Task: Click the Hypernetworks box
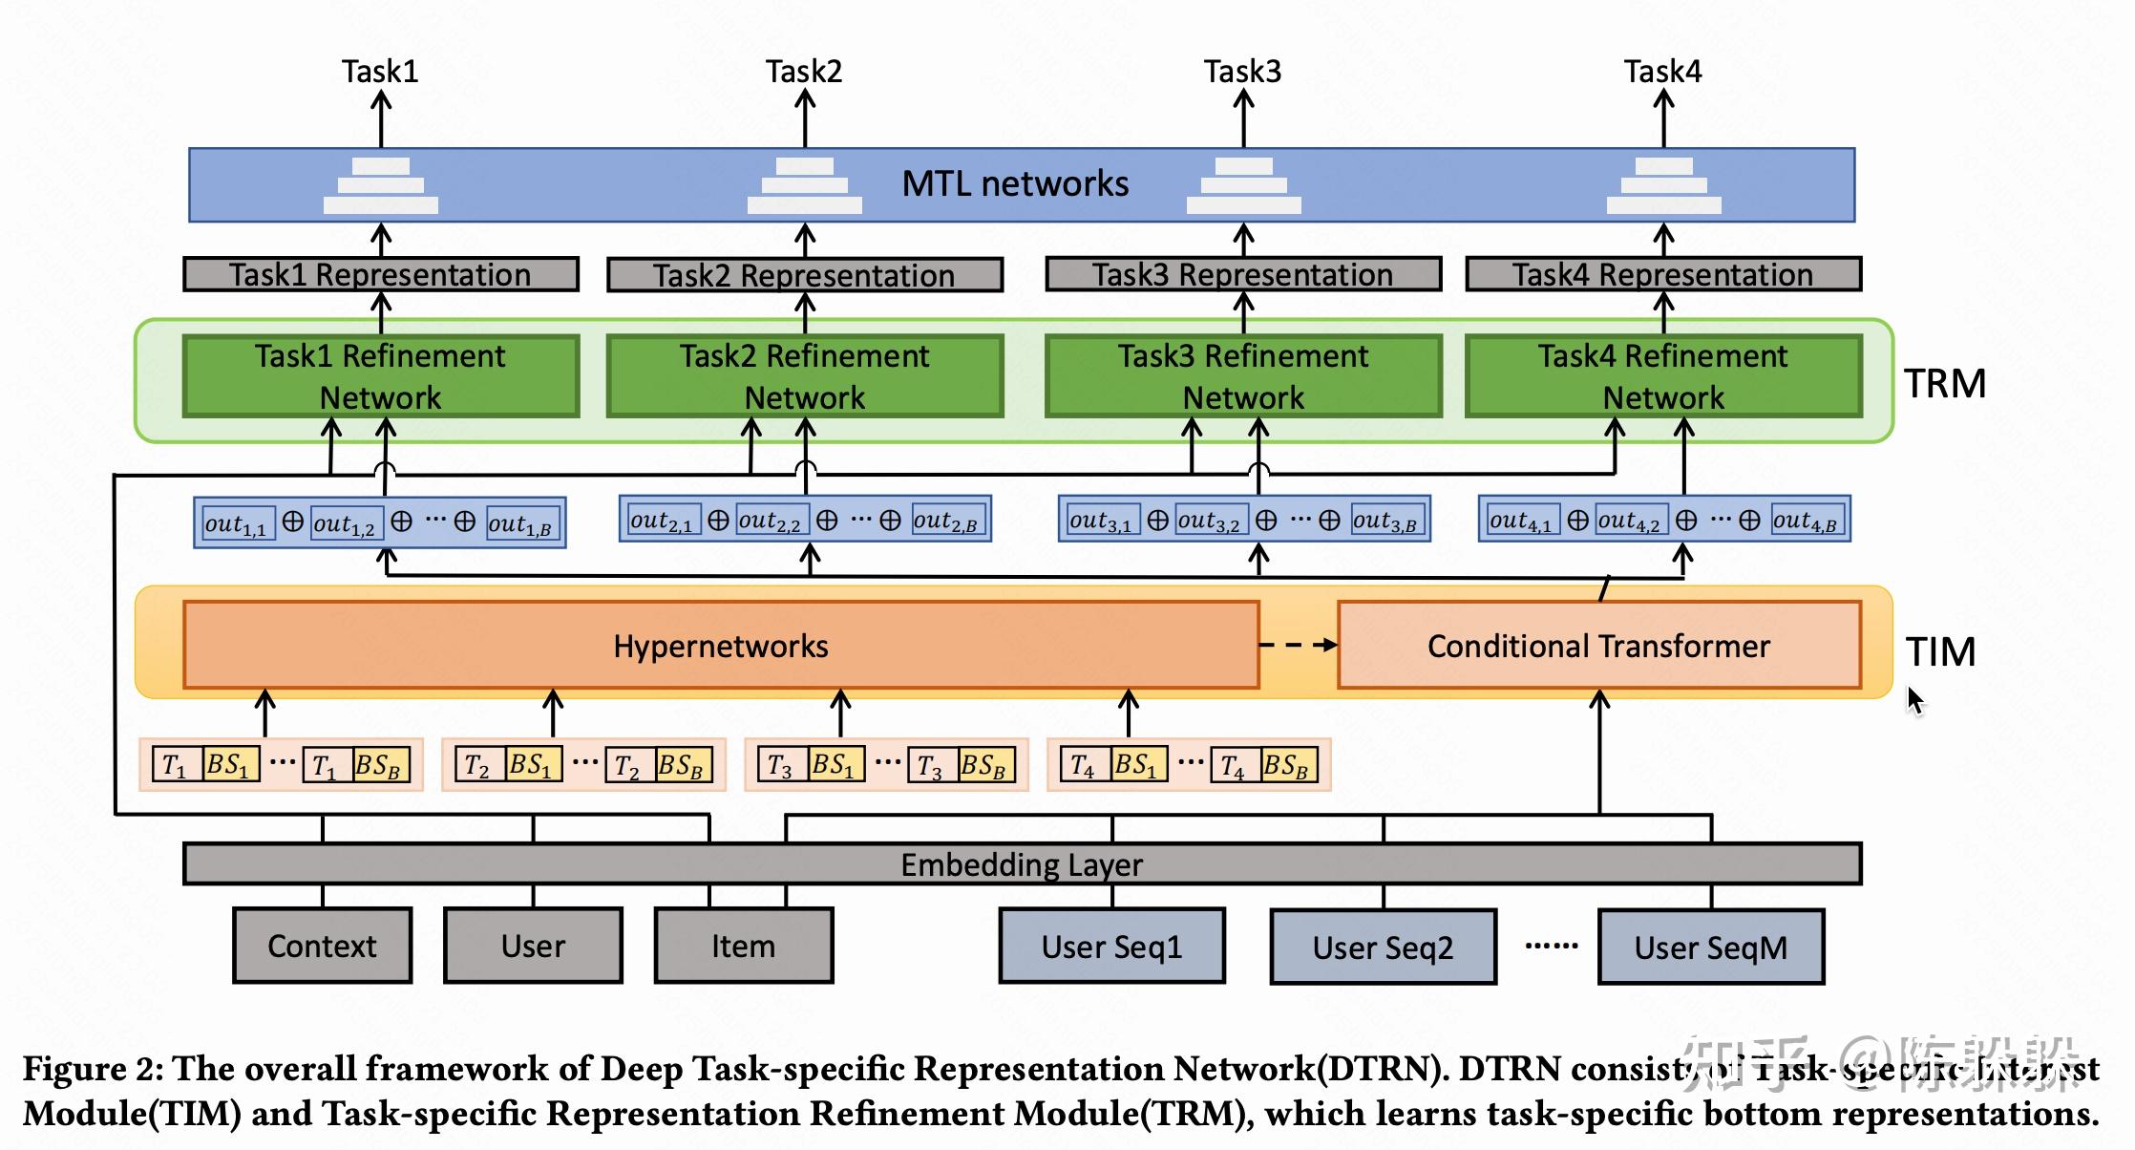click(x=721, y=646)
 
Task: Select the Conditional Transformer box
click(x=1598, y=646)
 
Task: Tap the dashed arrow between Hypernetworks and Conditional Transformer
click(x=1298, y=646)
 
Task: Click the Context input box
click(x=322, y=946)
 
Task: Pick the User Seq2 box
click(x=1383, y=947)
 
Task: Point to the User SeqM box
click(x=1710, y=947)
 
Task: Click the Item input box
click(x=743, y=946)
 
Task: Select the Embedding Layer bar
click(x=1022, y=864)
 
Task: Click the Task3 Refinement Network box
click(x=1243, y=376)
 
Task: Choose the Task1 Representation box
click(x=380, y=275)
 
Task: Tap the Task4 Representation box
click(x=1662, y=275)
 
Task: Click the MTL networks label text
click(x=1015, y=183)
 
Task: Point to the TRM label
click(x=1944, y=384)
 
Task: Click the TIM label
click(x=1940, y=652)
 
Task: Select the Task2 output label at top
click(x=803, y=72)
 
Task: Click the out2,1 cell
click(x=662, y=522)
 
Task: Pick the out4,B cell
click(x=1805, y=522)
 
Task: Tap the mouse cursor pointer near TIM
click(x=1914, y=699)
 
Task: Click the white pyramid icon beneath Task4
click(x=1663, y=186)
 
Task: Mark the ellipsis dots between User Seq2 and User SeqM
click(x=1551, y=947)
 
